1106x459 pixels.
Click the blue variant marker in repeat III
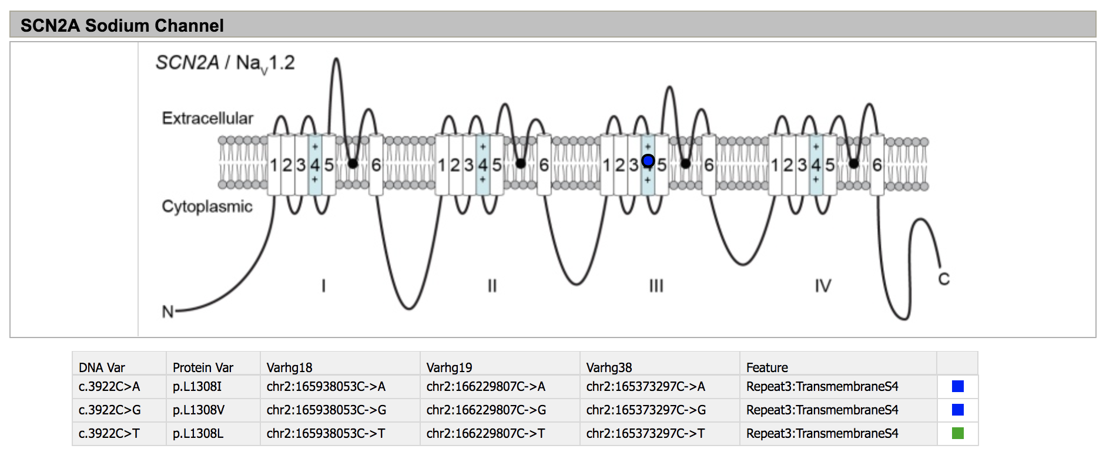(x=648, y=160)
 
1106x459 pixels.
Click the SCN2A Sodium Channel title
(x=122, y=25)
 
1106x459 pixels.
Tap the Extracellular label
(x=207, y=118)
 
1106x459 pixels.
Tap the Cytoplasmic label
(x=207, y=206)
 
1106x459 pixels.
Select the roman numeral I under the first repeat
(x=323, y=286)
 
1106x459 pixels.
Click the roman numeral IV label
(x=823, y=286)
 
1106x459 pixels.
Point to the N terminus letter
(x=167, y=311)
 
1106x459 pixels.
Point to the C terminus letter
(x=944, y=279)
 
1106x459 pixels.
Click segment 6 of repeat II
(x=544, y=166)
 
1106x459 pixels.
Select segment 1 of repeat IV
(x=775, y=166)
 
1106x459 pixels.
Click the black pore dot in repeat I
(x=353, y=163)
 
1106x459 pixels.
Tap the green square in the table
(x=957, y=433)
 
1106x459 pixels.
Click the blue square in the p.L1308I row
(x=957, y=386)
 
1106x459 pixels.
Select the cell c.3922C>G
(x=109, y=410)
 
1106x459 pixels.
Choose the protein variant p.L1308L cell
(x=198, y=433)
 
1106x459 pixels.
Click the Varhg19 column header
(x=449, y=367)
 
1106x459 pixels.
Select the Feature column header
(x=767, y=367)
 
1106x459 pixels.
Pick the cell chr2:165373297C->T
(x=645, y=433)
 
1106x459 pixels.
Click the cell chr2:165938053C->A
(x=326, y=386)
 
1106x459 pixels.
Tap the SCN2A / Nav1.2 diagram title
(x=225, y=63)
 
